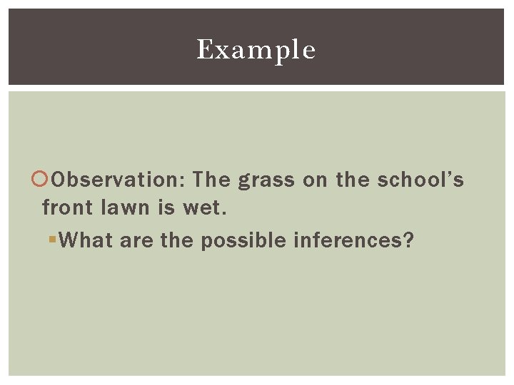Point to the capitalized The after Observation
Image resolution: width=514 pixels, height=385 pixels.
point(211,180)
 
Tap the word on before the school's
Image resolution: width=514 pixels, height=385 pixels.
point(315,180)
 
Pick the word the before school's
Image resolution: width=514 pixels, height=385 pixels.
point(353,180)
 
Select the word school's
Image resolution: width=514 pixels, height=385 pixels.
point(420,180)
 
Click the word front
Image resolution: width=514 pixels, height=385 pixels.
point(66,207)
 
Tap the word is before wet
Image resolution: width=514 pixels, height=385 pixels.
point(165,207)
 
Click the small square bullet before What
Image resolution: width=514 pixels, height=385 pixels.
point(52,240)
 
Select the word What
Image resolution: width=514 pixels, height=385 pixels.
point(87,240)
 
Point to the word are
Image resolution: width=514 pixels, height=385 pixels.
point(137,241)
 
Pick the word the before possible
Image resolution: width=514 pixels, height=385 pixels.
point(177,240)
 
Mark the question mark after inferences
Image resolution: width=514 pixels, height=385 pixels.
point(408,240)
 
